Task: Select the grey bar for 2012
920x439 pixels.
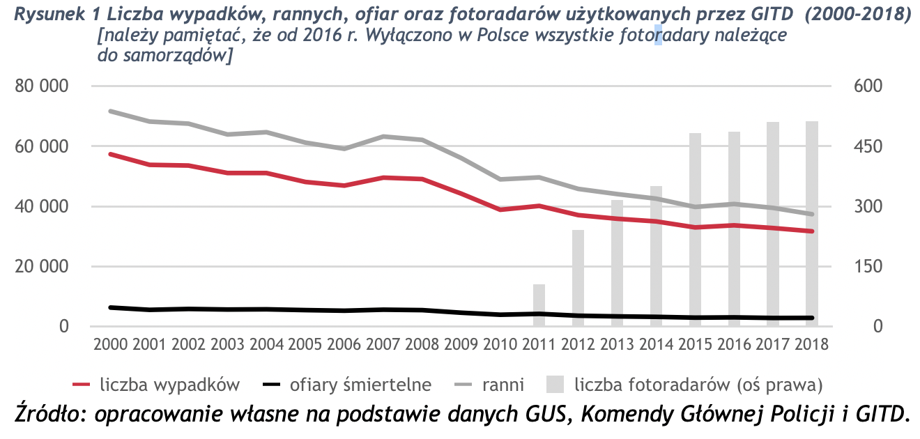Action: (578, 278)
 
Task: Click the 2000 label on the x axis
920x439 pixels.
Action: (111, 344)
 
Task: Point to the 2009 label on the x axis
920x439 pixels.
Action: (461, 344)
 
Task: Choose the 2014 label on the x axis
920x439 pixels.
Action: (655, 344)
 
